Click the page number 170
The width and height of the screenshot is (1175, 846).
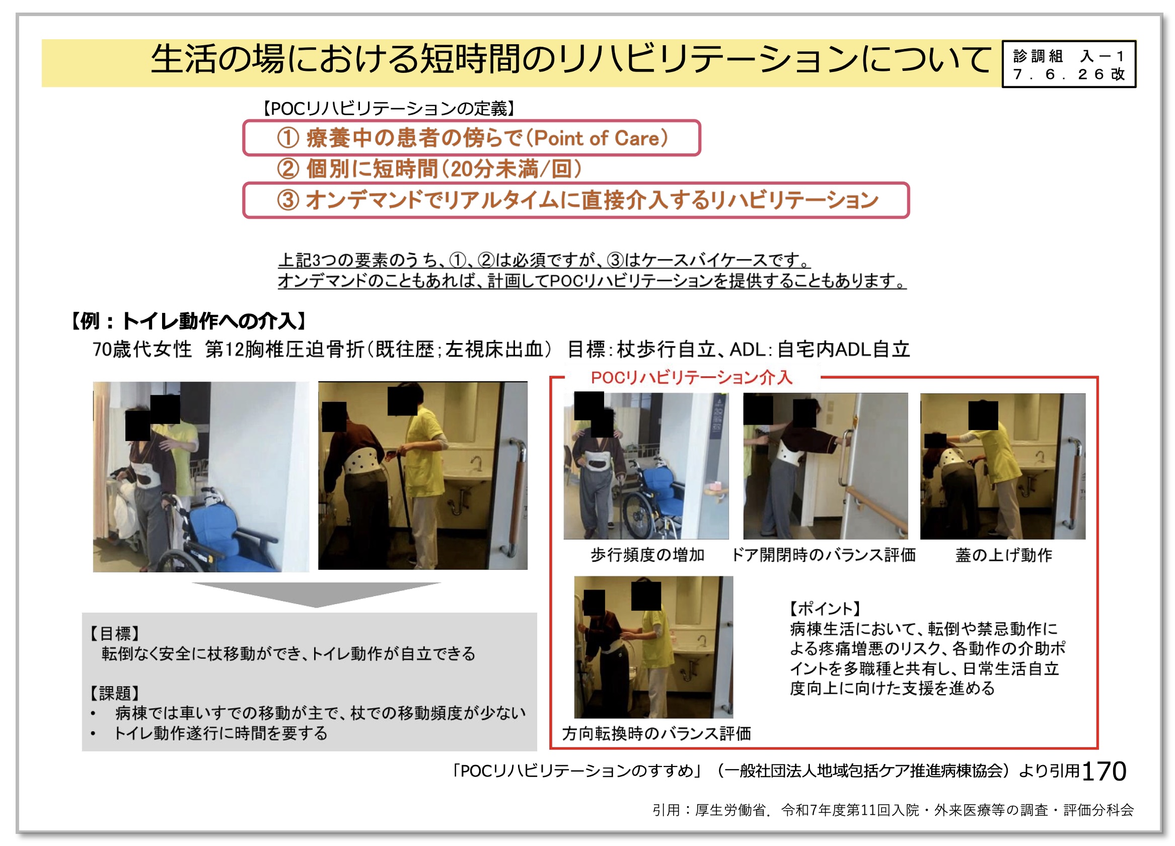tap(1104, 772)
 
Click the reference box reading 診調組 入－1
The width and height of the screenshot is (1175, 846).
tap(1069, 64)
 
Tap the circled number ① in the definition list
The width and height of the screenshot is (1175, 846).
tap(288, 138)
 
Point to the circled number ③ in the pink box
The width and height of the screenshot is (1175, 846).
tap(288, 200)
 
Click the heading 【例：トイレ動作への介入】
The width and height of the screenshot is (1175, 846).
tap(189, 321)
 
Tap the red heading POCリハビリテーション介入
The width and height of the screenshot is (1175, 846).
tap(692, 377)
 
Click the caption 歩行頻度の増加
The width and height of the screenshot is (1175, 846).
tap(647, 555)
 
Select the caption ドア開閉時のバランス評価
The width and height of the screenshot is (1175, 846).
tap(824, 555)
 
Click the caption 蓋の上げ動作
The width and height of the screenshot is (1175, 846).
tap(1004, 555)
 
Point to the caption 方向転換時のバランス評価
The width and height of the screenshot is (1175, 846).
tap(656, 733)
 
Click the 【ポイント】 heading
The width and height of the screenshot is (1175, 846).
tap(825, 609)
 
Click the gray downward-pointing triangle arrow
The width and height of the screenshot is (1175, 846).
tap(316, 594)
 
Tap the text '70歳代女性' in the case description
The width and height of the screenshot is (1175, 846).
tap(142, 350)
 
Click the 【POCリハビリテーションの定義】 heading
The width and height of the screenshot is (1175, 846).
tap(389, 109)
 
